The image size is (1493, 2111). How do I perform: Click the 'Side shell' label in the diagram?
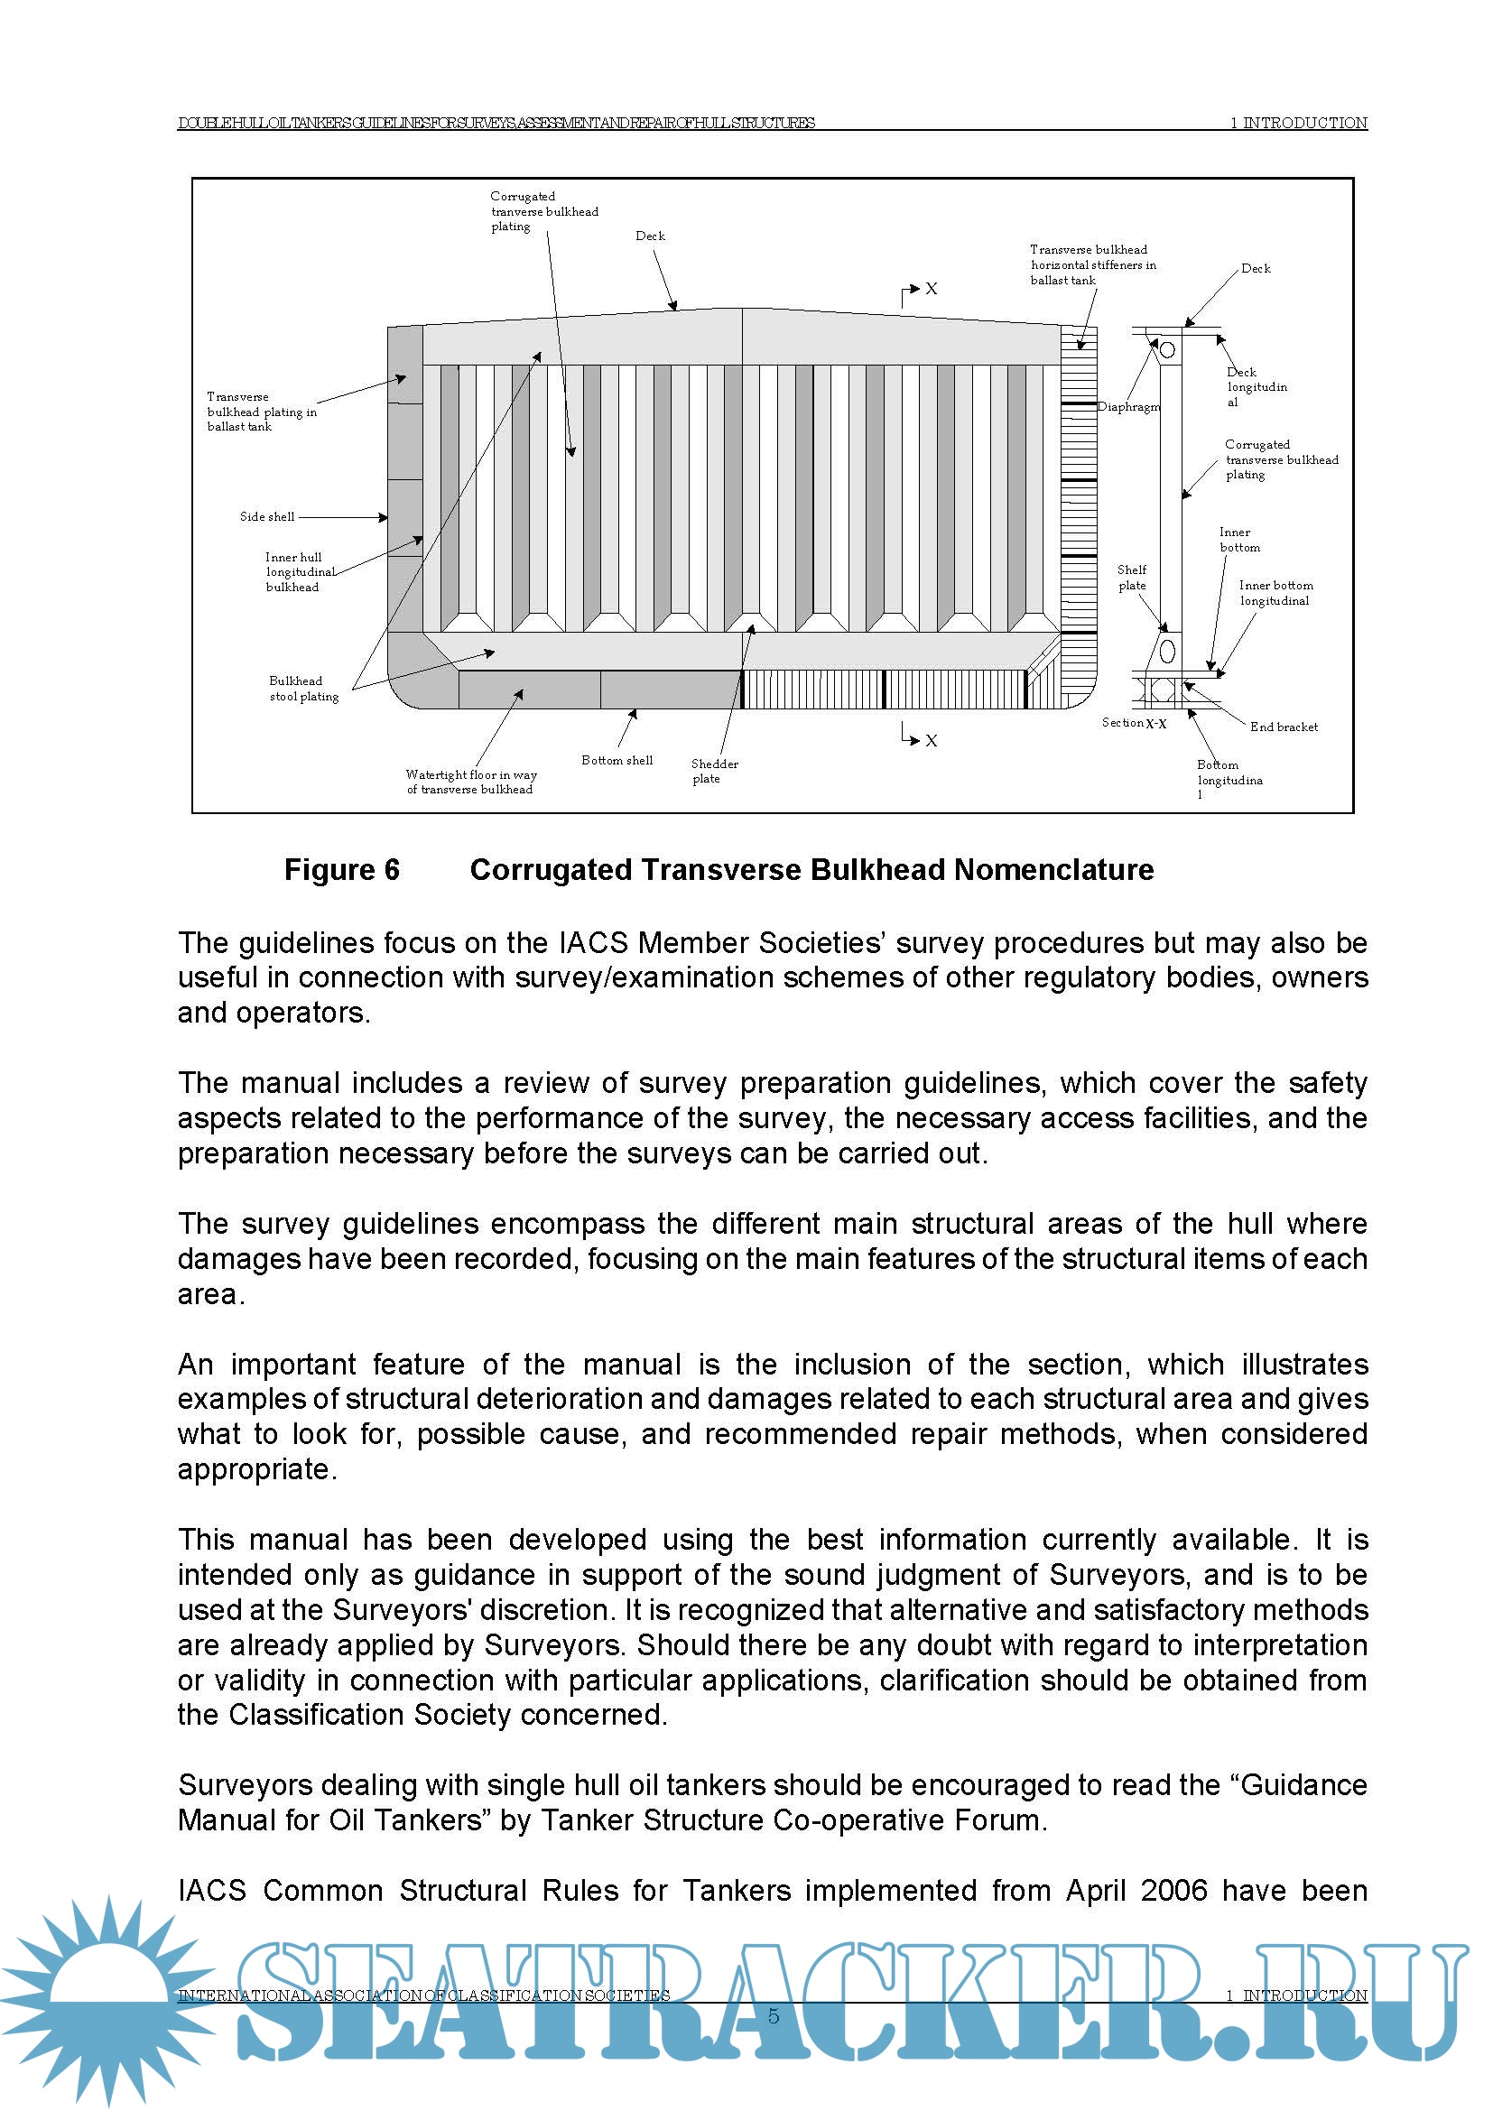tap(266, 517)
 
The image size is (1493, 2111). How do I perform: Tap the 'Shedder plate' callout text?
tap(714, 771)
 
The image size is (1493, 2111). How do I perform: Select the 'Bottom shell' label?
tap(617, 760)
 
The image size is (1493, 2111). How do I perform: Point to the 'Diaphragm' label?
tap(1128, 407)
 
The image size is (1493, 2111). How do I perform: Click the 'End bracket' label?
tap(1284, 727)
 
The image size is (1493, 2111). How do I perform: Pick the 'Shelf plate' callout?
tap(1132, 578)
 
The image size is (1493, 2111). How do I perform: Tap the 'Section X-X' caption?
tap(1134, 724)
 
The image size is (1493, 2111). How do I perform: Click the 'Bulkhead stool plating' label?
tap(303, 689)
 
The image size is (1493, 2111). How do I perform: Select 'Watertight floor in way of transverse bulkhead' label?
tap(470, 782)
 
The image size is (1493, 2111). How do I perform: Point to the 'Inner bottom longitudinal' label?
tap(1275, 593)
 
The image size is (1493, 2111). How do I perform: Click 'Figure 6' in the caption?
tap(341, 870)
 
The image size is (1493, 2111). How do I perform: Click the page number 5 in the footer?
tap(774, 2016)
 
